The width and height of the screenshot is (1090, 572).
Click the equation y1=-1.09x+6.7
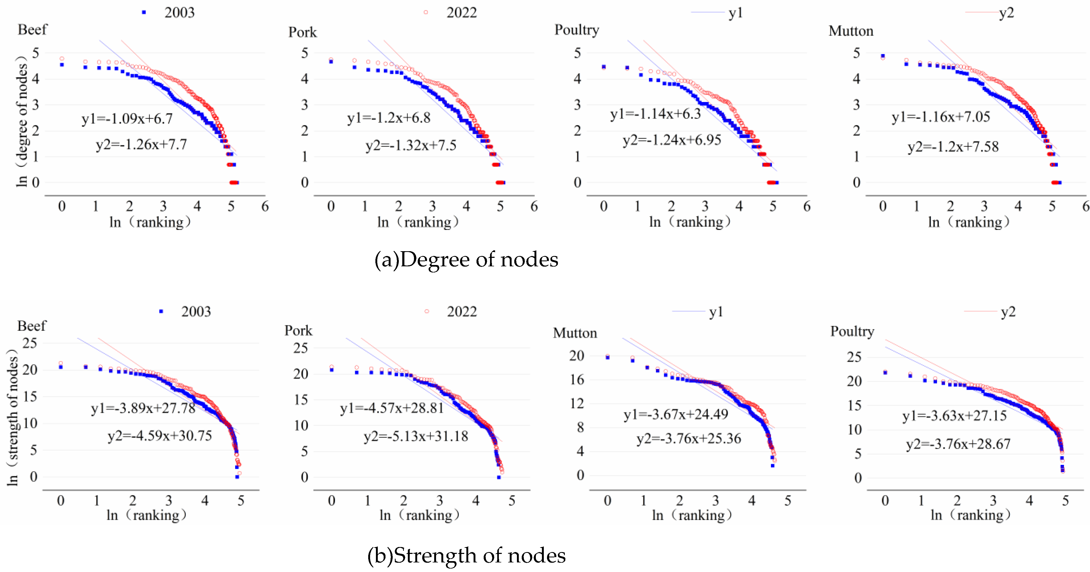click(127, 119)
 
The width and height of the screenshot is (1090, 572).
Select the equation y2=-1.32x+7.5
click(411, 145)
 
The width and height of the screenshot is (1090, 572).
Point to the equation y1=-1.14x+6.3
click(656, 114)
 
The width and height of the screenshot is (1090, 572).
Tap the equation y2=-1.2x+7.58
click(953, 147)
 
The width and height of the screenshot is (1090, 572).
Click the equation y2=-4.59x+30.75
click(160, 435)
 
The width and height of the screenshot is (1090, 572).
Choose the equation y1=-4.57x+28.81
click(392, 408)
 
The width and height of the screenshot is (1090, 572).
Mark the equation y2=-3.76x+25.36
click(689, 438)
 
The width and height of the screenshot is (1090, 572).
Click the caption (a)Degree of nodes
click(466, 259)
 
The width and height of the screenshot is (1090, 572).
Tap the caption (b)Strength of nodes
click(466, 555)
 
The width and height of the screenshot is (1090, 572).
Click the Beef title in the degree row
click(32, 30)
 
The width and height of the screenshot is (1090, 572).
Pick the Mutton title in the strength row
click(575, 333)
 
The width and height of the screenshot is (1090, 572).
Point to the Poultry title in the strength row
click(852, 331)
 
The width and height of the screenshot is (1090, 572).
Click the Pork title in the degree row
click(302, 32)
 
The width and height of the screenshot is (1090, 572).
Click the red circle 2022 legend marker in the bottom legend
click(426, 312)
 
